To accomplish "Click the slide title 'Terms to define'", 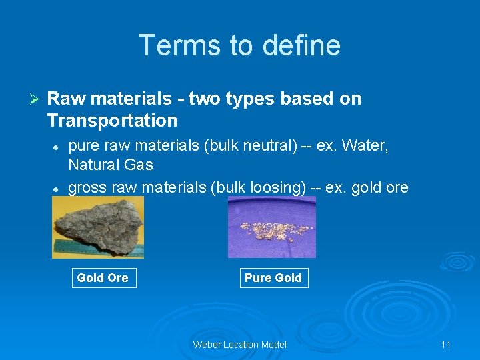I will (x=239, y=45).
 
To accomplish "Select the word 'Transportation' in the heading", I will (x=112, y=121).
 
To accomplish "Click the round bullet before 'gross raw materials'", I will (x=57, y=189).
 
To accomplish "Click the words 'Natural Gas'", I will (x=111, y=165).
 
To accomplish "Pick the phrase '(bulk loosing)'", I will (x=258, y=188).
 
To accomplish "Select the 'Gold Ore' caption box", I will (x=103, y=277).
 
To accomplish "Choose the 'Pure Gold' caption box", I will (x=273, y=277).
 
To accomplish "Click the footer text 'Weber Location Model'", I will (x=239, y=344).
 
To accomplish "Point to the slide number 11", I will (x=445, y=344).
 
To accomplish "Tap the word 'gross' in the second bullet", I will (x=87, y=188).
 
